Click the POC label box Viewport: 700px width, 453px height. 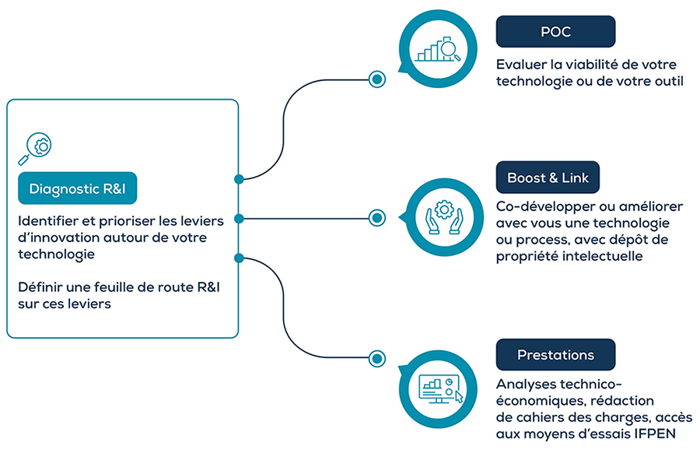click(555, 32)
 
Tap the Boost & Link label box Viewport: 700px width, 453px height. click(548, 177)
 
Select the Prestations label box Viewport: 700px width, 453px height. click(555, 355)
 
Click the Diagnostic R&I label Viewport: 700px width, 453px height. click(77, 188)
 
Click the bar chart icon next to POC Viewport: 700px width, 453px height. click(436, 49)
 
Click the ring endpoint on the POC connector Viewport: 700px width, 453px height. click(377, 78)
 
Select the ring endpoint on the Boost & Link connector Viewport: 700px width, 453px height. click(377, 218)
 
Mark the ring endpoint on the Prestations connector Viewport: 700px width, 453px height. click(377, 358)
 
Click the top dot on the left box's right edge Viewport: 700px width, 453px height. click(239, 179)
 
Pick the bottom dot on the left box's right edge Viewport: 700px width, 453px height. click(239, 257)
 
